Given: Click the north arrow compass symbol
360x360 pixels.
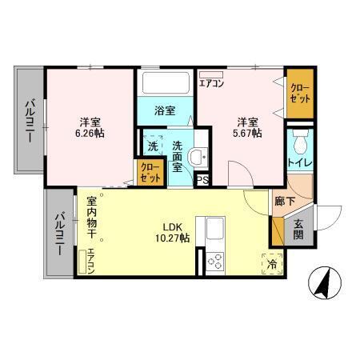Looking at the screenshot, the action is (x=325, y=282).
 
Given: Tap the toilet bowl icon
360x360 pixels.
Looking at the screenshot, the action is (x=300, y=142).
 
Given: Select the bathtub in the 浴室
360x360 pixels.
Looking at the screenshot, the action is (x=166, y=82).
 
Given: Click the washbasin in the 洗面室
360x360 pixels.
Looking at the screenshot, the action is (x=198, y=157).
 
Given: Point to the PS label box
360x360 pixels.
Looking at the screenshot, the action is (x=202, y=180).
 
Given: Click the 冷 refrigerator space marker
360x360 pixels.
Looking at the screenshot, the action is (x=272, y=264).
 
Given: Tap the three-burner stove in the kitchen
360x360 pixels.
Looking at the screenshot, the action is (x=215, y=262).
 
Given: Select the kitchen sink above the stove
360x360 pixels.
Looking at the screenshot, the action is (x=215, y=229).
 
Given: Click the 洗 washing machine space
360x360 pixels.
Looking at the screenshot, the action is (x=153, y=146).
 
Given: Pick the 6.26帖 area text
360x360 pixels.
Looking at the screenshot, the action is (x=90, y=133).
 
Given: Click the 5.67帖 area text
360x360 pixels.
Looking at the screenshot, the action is (x=247, y=133).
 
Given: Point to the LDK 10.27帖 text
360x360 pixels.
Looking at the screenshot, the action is (x=173, y=233).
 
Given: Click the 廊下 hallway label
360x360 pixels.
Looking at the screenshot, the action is (x=285, y=202).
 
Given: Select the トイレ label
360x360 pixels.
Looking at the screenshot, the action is (x=300, y=162).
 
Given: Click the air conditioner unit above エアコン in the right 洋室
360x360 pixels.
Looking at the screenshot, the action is (x=211, y=74).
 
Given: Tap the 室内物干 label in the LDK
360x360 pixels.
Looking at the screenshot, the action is (x=91, y=218).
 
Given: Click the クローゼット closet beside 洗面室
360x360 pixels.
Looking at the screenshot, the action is (x=150, y=172).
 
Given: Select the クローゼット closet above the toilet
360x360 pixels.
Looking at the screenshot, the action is (x=300, y=94).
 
